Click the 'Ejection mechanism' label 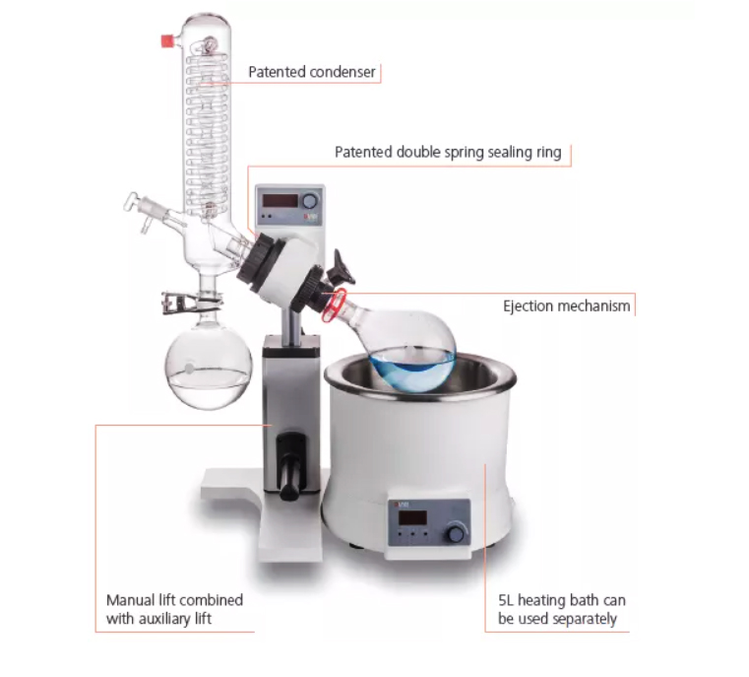566,305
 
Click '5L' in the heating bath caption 506,599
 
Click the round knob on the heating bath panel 455,533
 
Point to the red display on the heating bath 411,515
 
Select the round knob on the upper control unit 310,201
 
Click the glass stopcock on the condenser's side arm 138,206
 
